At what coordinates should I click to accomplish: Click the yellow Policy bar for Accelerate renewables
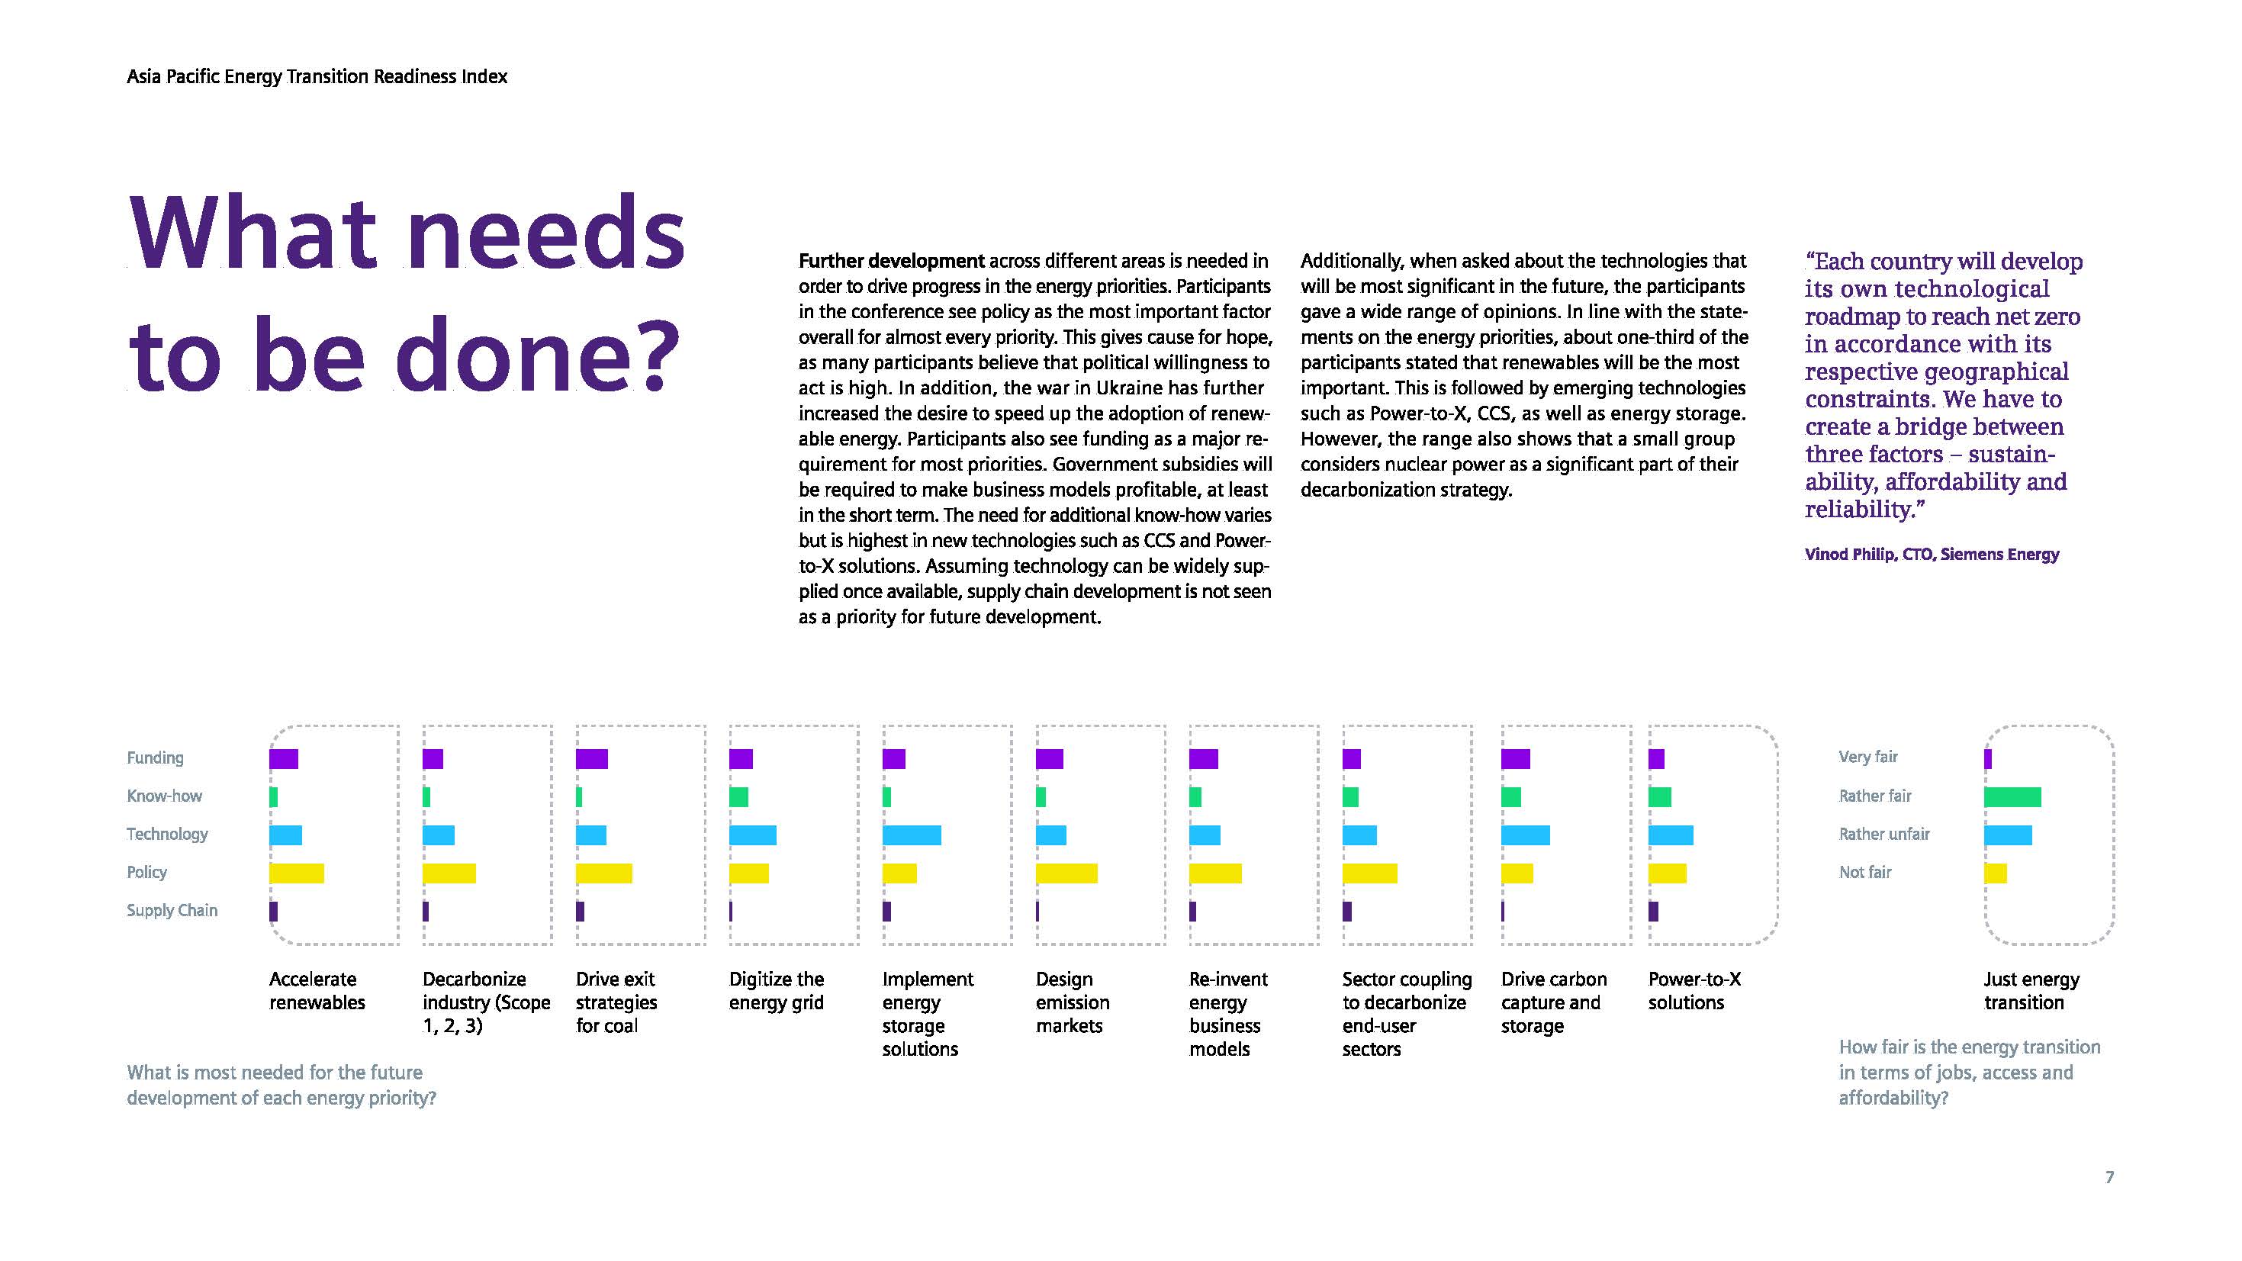click(x=296, y=873)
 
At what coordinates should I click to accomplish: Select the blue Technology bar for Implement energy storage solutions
click(x=912, y=835)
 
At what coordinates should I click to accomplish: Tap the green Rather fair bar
click(x=2012, y=797)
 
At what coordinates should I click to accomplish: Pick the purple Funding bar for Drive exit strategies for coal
click(x=592, y=759)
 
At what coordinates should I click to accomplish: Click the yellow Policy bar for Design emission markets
click(x=1066, y=873)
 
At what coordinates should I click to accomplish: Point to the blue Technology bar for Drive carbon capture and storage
click(x=1525, y=835)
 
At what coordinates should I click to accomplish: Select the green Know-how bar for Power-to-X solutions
click(x=1660, y=797)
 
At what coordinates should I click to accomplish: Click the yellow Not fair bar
click(x=1996, y=873)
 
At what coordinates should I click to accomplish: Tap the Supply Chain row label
click(x=172, y=910)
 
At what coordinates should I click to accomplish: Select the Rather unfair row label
click(x=1884, y=834)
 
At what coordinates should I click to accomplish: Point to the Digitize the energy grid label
click(x=777, y=991)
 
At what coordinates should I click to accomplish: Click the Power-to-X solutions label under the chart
click(x=1694, y=991)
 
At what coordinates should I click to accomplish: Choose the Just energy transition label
click(x=2031, y=991)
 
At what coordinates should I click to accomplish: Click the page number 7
click(x=2109, y=1177)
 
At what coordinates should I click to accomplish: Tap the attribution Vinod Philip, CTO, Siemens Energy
click(x=1932, y=555)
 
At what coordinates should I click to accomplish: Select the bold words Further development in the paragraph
click(x=891, y=261)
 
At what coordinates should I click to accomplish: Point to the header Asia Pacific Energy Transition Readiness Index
click(x=317, y=76)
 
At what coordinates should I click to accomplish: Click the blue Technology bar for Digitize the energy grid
click(x=753, y=835)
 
